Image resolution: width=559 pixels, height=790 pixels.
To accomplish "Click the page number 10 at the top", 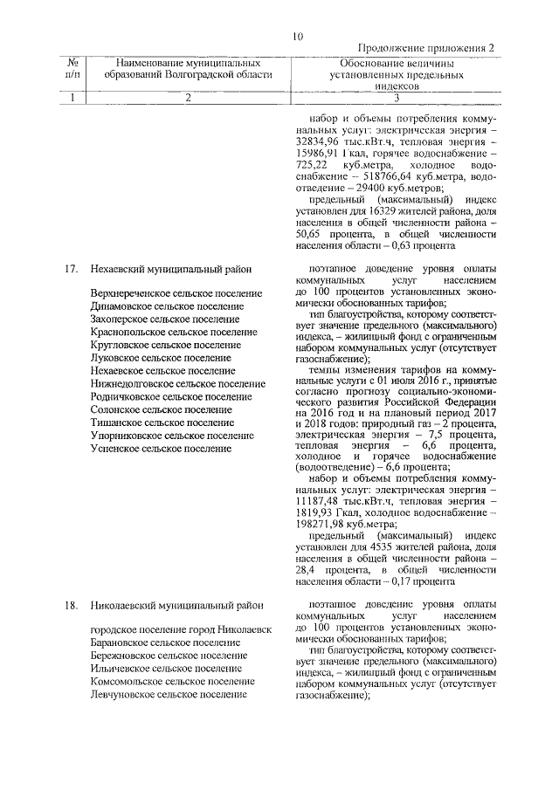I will pos(298,36).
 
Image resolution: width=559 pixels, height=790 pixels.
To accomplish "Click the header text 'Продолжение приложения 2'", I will pos(427,49).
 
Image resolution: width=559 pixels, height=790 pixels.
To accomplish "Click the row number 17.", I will pos(72,269).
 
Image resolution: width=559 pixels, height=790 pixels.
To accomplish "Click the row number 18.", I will pos(72,604).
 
